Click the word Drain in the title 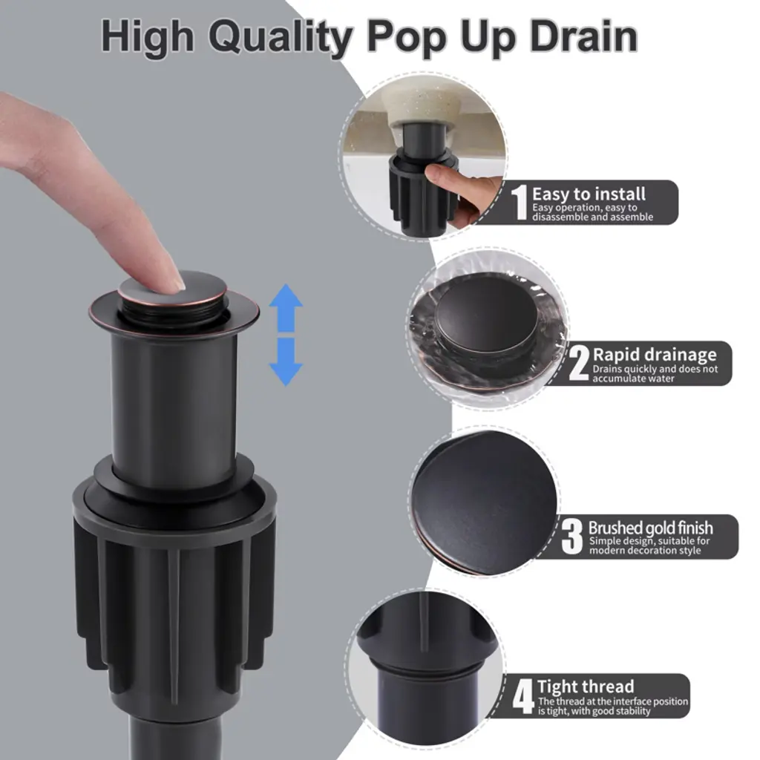tap(583, 36)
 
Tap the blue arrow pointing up tap(286, 308)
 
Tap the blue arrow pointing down tap(286, 362)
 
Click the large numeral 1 tap(520, 202)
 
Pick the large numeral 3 tap(572, 537)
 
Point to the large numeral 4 tap(523, 696)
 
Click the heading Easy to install tap(589, 194)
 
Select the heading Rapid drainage tap(655, 354)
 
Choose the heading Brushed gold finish tap(650, 528)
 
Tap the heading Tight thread tap(586, 687)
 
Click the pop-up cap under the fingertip tap(172, 289)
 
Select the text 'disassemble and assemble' tap(593, 217)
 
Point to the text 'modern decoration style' tap(645, 551)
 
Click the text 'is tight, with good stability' tap(594, 711)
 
